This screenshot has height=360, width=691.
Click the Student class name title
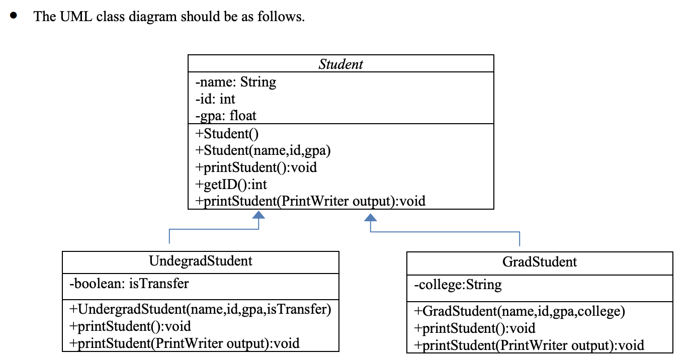click(340, 64)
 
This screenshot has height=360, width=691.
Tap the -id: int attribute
click(215, 99)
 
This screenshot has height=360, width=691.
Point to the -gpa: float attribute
click(225, 116)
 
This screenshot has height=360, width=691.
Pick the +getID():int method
click(231, 184)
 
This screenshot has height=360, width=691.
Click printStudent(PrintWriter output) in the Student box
click(310, 201)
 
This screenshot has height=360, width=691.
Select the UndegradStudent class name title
click(201, 261)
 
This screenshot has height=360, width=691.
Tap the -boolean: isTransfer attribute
click(129, 284)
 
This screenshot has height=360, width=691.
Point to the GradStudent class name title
click(540, 262)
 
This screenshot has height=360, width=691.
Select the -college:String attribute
click(457, 285)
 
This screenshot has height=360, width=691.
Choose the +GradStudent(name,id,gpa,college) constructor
click(519, 311)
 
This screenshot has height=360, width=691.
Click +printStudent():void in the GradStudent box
click(474, 328)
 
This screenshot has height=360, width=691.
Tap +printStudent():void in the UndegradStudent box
click(130, 326)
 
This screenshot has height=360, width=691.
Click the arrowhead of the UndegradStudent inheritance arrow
click(258, 215)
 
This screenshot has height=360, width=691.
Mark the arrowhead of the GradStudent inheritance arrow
click(370, 217)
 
